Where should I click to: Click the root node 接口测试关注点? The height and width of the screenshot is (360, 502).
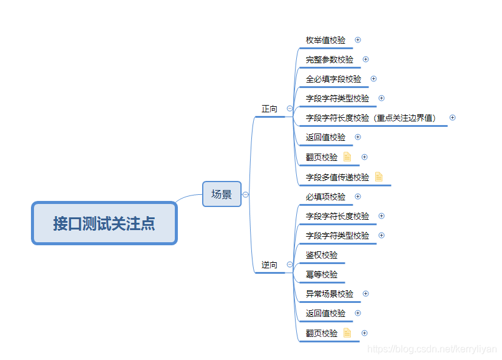click(104, 223)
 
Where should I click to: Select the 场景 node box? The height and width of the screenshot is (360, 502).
click(222, 194)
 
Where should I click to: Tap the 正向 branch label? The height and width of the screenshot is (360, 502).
click(270, 109)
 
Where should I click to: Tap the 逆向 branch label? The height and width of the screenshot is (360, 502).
click(270, 265)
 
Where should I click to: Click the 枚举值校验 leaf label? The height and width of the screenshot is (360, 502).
click(325, 40)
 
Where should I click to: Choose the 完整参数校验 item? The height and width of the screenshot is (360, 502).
click(330, 59)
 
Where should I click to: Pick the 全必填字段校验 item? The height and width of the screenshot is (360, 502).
click(333, 79)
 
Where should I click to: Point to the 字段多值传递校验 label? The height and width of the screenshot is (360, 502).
click(337, 177)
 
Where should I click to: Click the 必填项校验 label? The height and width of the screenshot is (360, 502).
click(325, 197)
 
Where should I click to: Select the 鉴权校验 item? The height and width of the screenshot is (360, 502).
click(322, 255)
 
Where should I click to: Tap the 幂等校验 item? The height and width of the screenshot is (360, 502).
click(322, 274)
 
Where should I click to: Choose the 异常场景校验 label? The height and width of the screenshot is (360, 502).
click(330, 294)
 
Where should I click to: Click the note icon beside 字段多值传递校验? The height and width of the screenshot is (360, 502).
click(379, 177)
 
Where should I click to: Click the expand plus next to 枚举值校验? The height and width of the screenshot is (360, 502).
click(358, 40)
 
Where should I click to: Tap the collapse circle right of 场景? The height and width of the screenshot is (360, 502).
click(245, 195)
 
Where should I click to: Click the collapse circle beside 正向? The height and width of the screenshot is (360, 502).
click(290, 109)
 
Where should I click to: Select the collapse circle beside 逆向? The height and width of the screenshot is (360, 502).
click(290, 265)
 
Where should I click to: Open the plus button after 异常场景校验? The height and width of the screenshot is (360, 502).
click(365, 294)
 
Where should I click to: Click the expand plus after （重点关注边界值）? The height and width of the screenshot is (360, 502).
click(452, 118)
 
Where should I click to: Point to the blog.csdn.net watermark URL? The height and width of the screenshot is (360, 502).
click(432, 350)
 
